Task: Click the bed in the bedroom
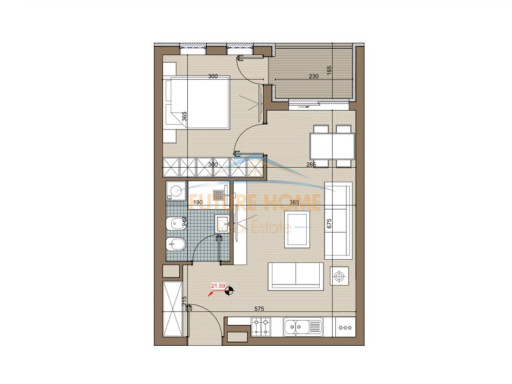tap(198, 102)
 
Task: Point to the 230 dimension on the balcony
tap(313, 76)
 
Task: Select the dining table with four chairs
tap(332, 145)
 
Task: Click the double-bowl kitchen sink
tap(302, 327)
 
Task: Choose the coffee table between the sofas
tap(296, 229)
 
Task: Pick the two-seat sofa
tap(295, 276)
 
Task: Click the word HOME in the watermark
tap(296, 202)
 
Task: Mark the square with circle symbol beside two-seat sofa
tap(340, 276)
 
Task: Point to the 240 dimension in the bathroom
tap(185, 221)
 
